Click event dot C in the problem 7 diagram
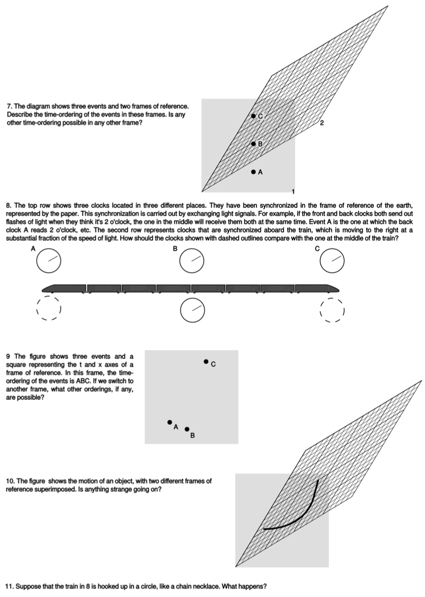tap(253, 116)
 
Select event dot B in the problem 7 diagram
tap(253, 144)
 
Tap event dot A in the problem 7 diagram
tap(253, 172)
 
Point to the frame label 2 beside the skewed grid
tap(322, 122)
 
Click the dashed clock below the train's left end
tap(48, 309)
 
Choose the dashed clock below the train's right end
tap(332, 309)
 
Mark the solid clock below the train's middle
tap(191, 309)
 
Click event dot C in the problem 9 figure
tap(206, 362)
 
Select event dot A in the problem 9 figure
tap(170, 422)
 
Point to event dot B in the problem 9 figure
tap(187, 429)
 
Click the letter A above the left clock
tap(33, 249)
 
